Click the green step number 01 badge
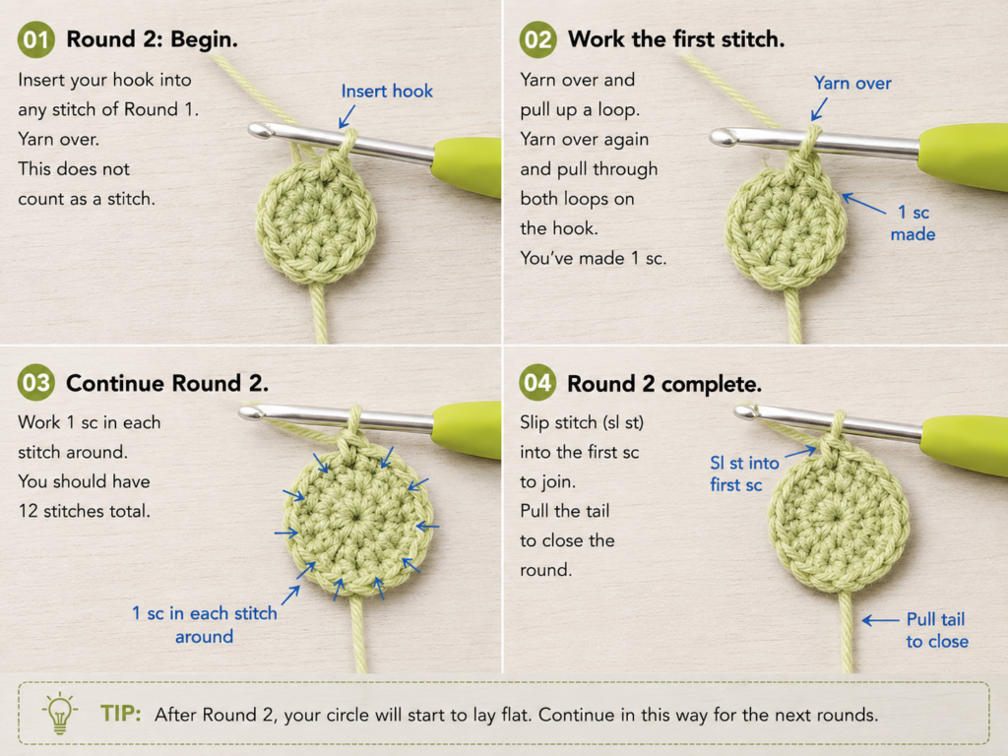[x=36, y=39]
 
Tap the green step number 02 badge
[x=537, y=39]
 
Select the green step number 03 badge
[x=36, y=383]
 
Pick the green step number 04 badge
[x=537, y=383]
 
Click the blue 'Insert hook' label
[x=387, y=92]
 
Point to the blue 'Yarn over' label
[x=852, y=83]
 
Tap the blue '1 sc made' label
[x=913, y=223]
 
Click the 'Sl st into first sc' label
[x=744, y=473]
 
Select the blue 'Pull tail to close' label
[x=937, y=630]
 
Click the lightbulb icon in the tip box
[x=60, y=714]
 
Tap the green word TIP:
[x=120, y=714]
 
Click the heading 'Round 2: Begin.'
[x=153, y=39]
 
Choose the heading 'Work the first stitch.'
[x=676, y=39]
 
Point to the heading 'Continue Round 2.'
[x=167, y=383]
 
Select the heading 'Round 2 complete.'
[x=664, y=384]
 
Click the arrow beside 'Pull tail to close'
[x=881, y=620]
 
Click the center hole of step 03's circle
[x=354, y=516]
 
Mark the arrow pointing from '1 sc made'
[x=864, y=204]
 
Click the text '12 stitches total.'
[x=85, y=511]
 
